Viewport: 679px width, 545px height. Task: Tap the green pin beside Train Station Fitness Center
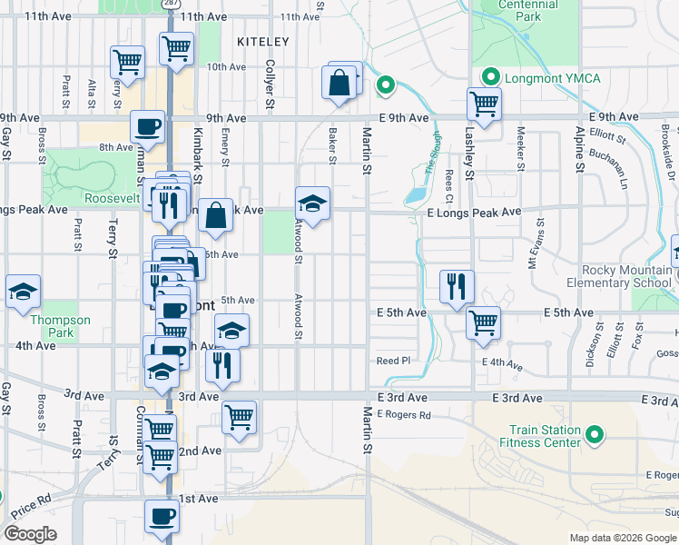click(x=595, y=436)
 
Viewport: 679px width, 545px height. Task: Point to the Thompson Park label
click(x=61, y=326)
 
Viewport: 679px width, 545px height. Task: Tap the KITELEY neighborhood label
click(x=262, y=42)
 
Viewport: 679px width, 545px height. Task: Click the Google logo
click(x=30, y=534)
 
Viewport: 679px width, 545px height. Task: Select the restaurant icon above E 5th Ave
click(x=456, y=285)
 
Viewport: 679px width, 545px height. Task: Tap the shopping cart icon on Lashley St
click(x=485, y=103)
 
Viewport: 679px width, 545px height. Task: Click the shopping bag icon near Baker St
click(x=339, y=84)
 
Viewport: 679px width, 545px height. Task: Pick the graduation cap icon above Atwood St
click(x=311, y=203)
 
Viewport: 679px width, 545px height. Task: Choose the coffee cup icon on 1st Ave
click(x=162, y=515)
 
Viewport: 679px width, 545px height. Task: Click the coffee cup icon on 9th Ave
click(x=147, y=126)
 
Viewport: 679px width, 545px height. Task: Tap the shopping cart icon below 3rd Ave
click(x=239, y=417)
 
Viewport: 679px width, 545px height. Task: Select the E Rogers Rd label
click(x=403, y=415)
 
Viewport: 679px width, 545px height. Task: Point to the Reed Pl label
click(x=394, y=361)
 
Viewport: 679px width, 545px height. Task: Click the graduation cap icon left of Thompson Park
click(x=23, y=292)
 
